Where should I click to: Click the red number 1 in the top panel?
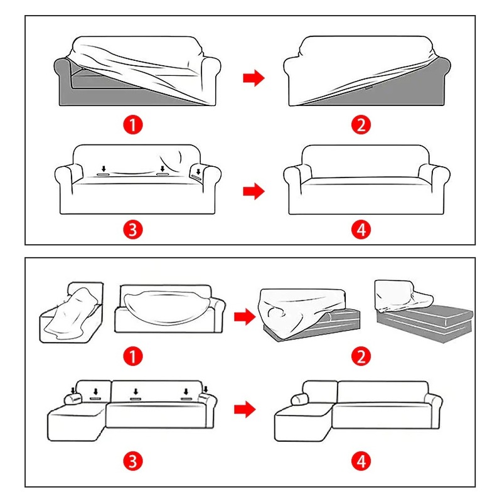133,124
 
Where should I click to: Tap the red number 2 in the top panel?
361,124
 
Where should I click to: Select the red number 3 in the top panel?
133,230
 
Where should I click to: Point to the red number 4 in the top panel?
361,230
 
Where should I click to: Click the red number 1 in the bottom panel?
133,356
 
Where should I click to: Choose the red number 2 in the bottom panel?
361,356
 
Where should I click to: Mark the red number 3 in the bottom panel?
133,461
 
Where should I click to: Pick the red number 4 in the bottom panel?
361,461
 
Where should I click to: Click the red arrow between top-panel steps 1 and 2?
254,78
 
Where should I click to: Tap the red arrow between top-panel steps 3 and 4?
254,191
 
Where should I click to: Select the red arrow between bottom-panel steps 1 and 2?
245,317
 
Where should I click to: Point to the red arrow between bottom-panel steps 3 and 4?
245,409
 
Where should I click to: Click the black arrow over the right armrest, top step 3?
198,172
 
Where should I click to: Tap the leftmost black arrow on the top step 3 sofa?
104,169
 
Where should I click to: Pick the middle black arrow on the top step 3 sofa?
163,169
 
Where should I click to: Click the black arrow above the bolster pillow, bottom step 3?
73,390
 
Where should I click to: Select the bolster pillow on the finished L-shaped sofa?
300,399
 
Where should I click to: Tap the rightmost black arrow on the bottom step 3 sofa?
206,389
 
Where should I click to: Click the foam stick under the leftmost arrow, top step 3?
103,174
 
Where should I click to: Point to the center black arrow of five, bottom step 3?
136,392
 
